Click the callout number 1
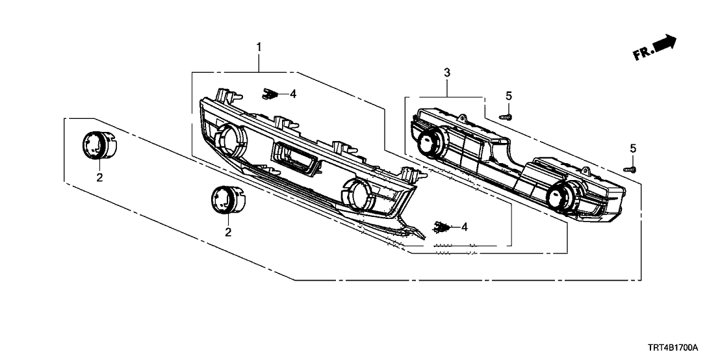[259, 47]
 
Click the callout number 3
[446, 72]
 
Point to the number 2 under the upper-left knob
[99, 177]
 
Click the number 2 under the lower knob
[228, 231]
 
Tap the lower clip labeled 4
[442, 227]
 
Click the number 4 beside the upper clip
[293, 94]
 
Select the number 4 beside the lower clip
[465, 227]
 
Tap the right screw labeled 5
[631, 169]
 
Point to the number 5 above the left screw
[509, 96]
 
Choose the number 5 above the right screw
[632, 149]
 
